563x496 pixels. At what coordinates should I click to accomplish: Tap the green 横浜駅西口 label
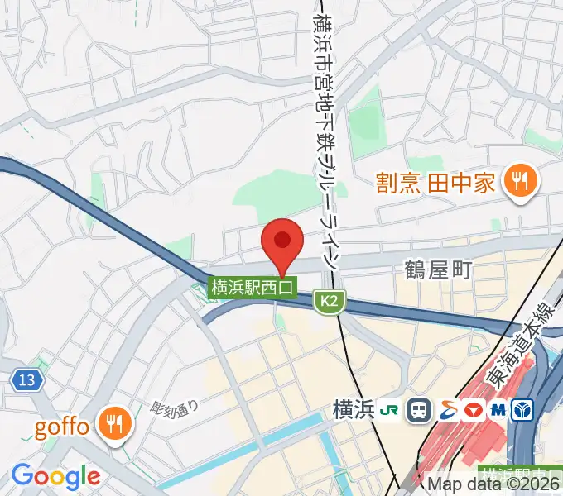253,288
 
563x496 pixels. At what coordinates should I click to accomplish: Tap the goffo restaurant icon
111,425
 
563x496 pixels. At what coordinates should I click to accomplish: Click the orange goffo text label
61,427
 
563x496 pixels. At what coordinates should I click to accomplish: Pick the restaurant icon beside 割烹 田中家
520,182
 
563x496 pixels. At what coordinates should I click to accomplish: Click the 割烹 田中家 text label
435,182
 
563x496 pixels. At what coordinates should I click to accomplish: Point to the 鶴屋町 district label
437,269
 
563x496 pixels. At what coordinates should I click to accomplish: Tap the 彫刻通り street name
175,407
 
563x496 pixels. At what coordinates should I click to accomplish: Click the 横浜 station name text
354,409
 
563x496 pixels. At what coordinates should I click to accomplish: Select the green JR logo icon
389,409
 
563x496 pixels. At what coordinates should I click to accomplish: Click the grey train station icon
419,409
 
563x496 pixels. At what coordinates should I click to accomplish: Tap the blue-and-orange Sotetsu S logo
447,409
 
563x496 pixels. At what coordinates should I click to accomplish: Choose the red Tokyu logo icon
474,409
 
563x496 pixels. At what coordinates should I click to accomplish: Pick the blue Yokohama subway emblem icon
524,409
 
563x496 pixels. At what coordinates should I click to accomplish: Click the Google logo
55,477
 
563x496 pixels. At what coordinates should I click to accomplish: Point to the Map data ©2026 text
493,484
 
